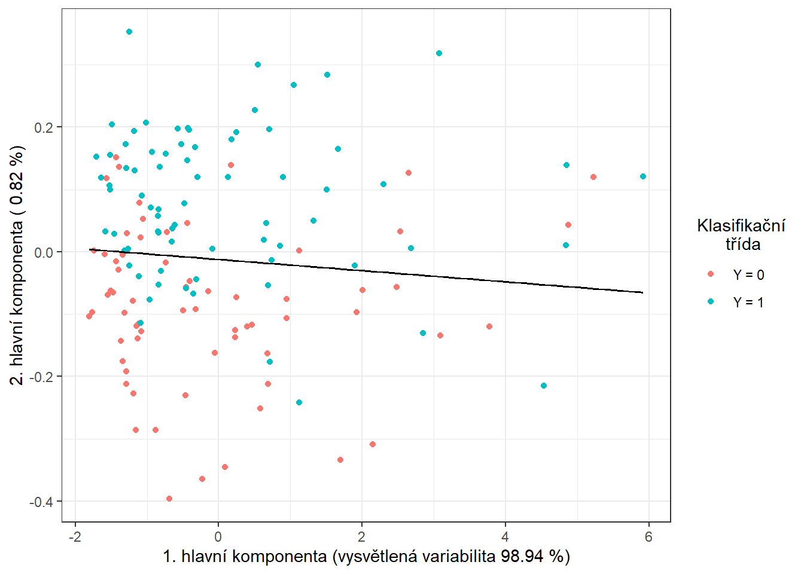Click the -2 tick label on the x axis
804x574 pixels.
pos(75,536)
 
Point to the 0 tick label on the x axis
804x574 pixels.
pos(218,536)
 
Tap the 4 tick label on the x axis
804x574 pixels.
pos(505,536)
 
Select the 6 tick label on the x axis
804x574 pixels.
pos(648,536)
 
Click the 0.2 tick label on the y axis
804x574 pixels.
pos(44,127)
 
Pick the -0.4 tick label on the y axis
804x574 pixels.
pos(41,502)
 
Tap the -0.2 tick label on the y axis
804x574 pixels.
pos(41,377)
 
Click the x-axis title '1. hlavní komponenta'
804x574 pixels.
pos(366,557)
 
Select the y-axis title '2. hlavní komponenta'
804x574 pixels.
pos(18,265)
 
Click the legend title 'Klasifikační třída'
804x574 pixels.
pos(741,234)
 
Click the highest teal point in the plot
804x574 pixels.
pos(129,32)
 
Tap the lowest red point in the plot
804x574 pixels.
pos(169,499)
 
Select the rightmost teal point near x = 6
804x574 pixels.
pos(643,176)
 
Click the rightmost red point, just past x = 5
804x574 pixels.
pos(593,177)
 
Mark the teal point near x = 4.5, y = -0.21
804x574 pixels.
pos(544,386)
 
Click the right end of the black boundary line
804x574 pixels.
pos(643,292)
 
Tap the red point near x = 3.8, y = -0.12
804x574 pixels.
pos(489,326)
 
